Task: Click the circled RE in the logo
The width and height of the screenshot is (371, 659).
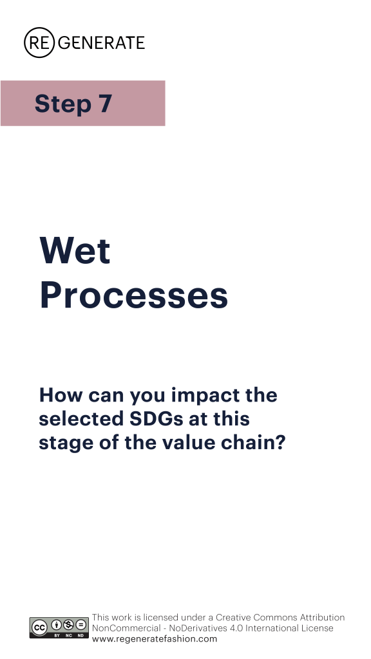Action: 39,42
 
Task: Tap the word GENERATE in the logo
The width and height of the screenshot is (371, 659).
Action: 101,43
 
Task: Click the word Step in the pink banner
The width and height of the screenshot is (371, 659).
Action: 63,104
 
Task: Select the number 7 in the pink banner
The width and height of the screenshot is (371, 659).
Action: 106,104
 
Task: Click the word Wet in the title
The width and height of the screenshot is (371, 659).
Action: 75,250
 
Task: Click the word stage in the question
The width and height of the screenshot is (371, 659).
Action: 66,443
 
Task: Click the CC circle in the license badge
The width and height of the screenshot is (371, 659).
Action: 39,628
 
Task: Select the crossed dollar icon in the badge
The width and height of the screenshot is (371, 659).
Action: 68,625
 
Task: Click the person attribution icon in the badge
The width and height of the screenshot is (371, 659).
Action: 57,625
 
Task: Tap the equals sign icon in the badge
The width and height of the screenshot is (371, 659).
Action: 81,625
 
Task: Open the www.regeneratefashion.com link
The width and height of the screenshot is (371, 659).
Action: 155,639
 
